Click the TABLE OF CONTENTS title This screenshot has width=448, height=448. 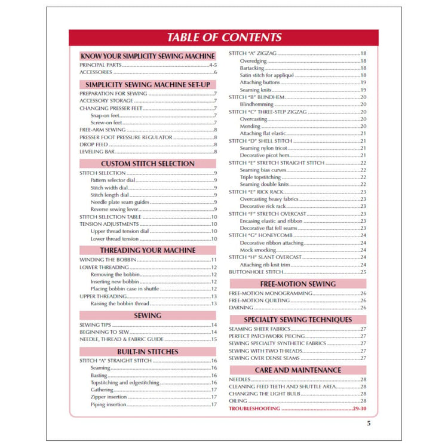coord(224,38)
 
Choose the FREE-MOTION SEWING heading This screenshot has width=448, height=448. coord(297,284)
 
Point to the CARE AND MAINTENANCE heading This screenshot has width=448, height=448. coord(297,370)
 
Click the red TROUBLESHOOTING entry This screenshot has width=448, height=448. coord(254,409)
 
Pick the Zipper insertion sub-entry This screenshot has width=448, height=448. coord(109,397)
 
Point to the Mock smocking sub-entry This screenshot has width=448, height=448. coord(258,250)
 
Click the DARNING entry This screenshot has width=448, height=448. coord(241,308)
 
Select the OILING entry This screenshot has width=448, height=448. coord(238,401)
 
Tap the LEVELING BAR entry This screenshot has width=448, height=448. coord(96,152)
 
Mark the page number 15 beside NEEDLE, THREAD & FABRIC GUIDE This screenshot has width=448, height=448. coord(213,339)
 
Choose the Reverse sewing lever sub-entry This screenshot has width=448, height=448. coord(117,209)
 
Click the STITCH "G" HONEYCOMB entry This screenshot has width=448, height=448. coord(257,235)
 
